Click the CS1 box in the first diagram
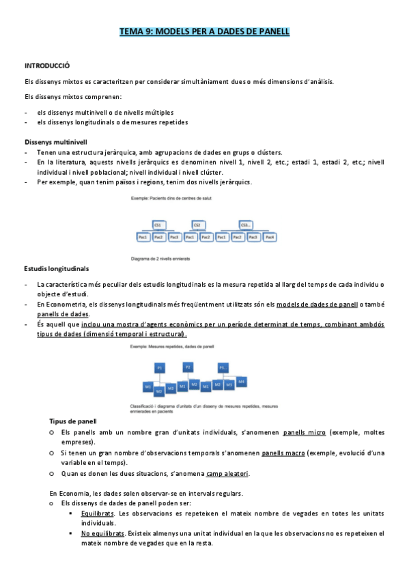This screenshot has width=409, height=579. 158,224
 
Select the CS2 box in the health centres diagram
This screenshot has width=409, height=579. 197,224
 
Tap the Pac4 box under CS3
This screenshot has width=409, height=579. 270,237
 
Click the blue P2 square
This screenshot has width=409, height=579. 188,367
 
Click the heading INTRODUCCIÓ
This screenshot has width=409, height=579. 46,66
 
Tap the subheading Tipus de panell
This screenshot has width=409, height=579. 73,421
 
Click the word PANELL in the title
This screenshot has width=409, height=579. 270,31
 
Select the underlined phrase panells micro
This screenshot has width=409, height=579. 304,432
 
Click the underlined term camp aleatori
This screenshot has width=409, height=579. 227,473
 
